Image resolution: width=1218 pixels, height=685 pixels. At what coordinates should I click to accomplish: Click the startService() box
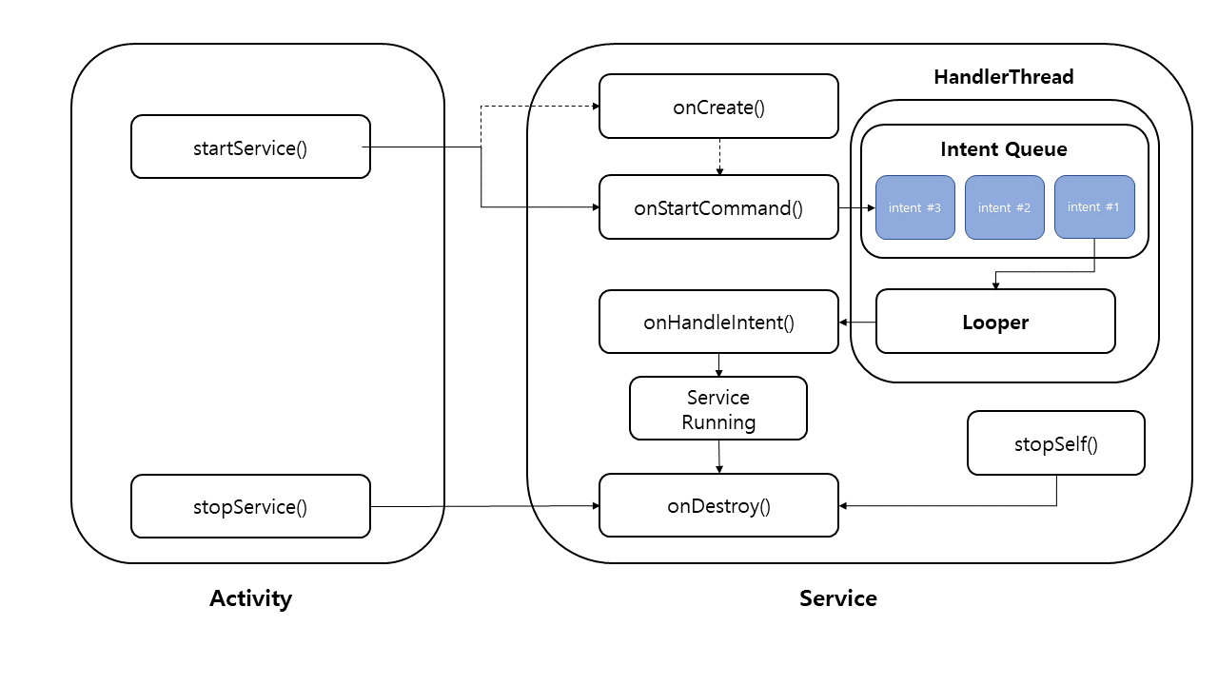[250, 147]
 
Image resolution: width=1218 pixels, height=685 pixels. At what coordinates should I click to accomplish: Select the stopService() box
[250, 506]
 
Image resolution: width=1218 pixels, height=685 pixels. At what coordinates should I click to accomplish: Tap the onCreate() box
[718, 107]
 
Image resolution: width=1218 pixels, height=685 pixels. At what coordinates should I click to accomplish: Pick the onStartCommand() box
[718, 207]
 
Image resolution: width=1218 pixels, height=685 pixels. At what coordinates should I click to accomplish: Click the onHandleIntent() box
[718, 322]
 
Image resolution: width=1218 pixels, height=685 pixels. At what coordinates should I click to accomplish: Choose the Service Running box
[718, 408]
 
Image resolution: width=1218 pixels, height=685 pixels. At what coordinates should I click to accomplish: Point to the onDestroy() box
[718, 505]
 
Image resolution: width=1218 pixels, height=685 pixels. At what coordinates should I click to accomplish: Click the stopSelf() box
[1056, 443]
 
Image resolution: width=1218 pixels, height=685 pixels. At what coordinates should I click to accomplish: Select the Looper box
[995, 322]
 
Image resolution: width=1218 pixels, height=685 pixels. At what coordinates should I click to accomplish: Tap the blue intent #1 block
[1094, 206]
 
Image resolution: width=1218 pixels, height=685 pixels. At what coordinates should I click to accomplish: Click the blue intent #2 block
[1005, 207]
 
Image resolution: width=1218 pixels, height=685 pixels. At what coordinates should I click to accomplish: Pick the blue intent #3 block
[915, 207]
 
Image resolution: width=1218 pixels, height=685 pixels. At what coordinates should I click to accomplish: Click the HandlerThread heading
[1004, 77]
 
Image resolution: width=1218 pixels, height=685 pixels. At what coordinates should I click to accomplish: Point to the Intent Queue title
[1004, 149]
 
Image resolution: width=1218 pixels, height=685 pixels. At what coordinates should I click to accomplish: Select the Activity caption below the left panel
[250, 598]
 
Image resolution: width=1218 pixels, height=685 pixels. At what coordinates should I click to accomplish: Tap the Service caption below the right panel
[838, 598]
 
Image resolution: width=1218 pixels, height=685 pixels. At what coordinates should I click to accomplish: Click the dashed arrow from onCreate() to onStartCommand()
[719, 157]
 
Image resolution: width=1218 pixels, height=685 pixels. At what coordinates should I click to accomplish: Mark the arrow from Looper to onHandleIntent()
[857, 322]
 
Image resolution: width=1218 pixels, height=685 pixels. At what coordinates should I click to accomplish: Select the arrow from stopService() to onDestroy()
[485, 506]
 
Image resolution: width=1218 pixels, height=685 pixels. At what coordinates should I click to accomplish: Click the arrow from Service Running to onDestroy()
[718, 457]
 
